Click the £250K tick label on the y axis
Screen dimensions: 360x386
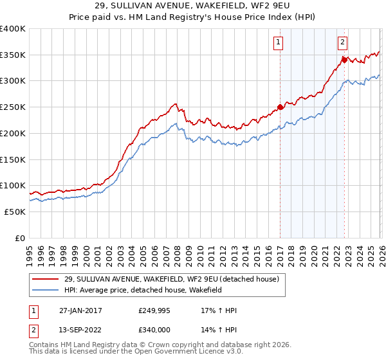point(13,107)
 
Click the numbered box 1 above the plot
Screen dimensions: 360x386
point(279,43)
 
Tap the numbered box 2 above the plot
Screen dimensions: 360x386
point(342,43)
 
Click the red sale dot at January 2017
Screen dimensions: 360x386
point(280,107)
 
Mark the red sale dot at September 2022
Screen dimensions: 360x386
point(344,60)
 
